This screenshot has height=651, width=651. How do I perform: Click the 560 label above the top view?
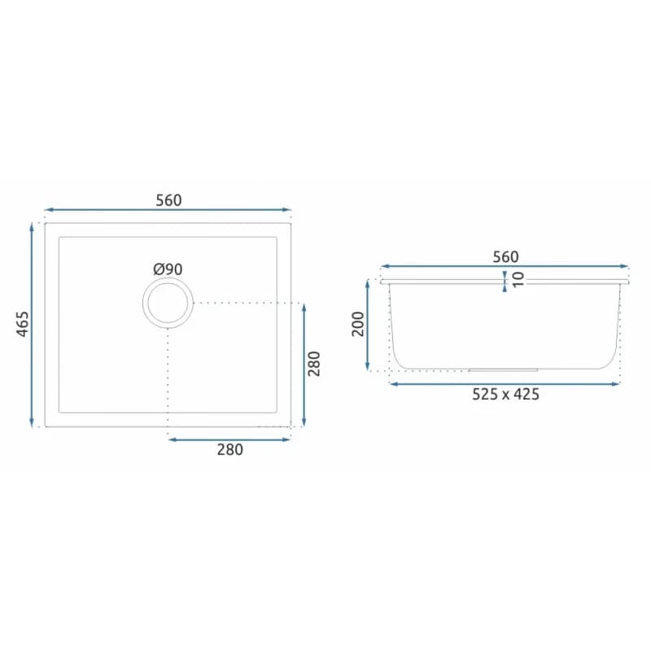[168, 200]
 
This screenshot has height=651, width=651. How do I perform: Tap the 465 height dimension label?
[23, 324]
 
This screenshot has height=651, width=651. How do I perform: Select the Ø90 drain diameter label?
[168, 269]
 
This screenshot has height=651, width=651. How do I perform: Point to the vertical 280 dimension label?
[314, 364]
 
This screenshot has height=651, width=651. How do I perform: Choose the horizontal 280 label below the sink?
[230, 450]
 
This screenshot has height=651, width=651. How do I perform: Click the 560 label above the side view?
[505, 257]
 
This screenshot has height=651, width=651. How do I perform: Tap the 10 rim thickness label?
[518, 279]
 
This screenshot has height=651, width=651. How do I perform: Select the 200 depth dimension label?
[357, 324]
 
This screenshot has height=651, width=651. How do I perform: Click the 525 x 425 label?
[505, 394]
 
